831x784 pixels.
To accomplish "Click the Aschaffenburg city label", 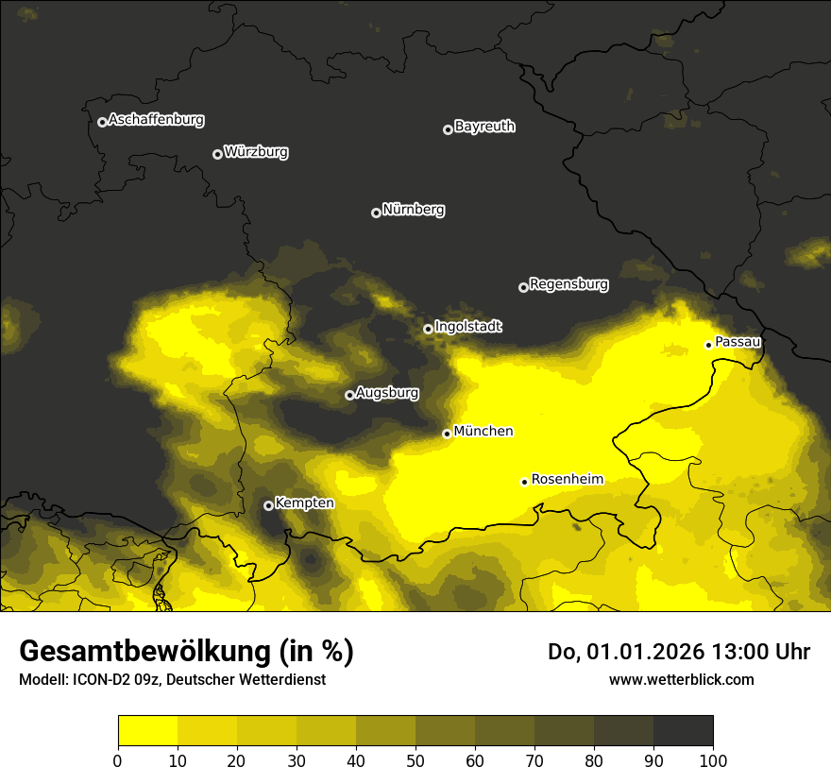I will pos(156,120).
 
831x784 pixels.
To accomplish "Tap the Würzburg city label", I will pos(256,152).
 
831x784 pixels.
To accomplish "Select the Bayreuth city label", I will pos(484,127).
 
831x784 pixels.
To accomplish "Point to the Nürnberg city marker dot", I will pos(376,213).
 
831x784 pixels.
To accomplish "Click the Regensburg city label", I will pos(568,284).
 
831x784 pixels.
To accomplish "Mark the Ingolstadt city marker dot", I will pos(428,329).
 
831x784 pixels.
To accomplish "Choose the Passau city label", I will pos(738,342).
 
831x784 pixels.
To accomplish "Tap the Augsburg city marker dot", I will pos(349,395).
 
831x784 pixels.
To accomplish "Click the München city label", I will pos(483,432).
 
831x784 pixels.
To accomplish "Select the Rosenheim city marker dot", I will pos(524,482).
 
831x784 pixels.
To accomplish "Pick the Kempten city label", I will pos(304,503).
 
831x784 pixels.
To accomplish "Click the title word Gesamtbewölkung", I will pos(144,652).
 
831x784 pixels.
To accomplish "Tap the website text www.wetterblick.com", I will pos(681,679).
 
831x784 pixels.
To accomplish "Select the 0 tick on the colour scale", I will pos(118,760).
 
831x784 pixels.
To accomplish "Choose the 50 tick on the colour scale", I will pos(415,760).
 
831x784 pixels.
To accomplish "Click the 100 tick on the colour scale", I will pos(713,760).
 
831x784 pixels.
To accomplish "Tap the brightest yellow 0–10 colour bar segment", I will pos(147,731).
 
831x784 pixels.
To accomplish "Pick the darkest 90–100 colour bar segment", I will pos(683,731).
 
